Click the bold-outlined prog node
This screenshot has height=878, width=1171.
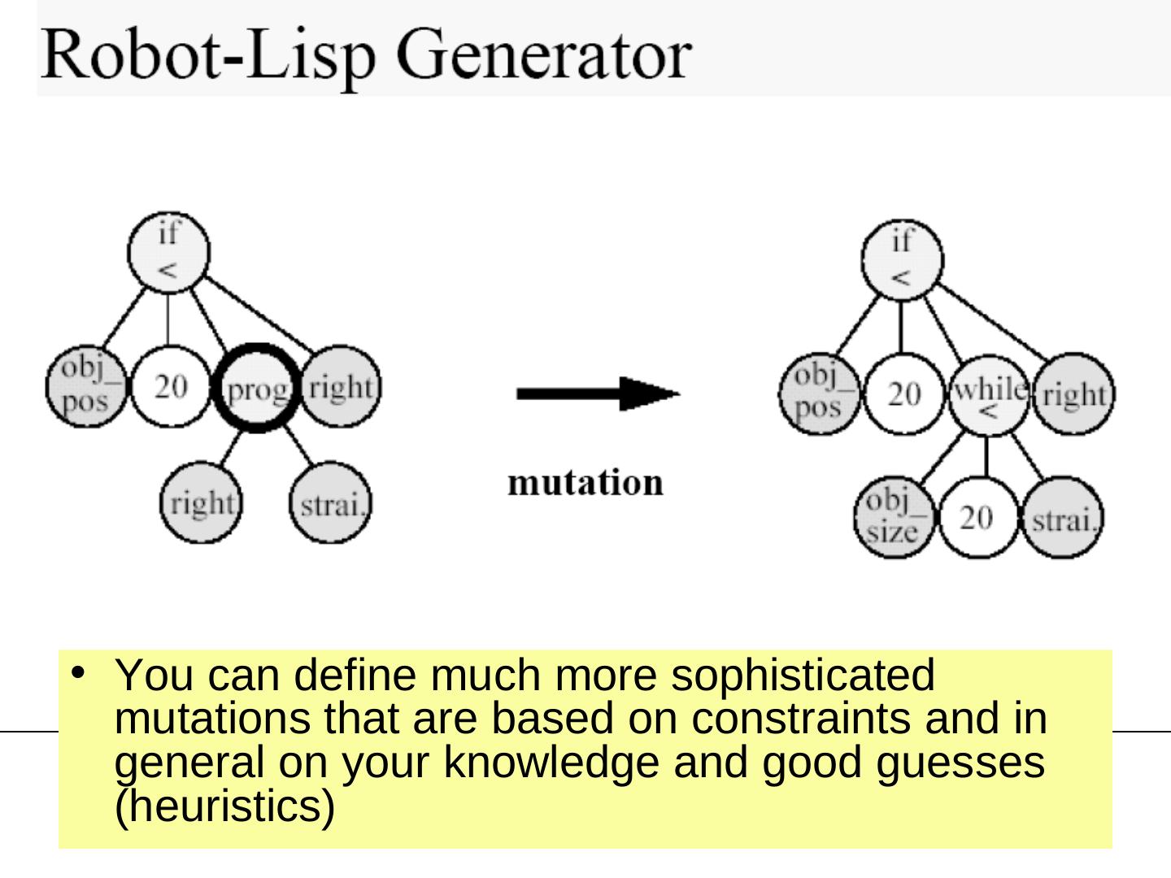257,388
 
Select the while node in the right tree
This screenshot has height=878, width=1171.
989,396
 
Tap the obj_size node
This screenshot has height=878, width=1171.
895,517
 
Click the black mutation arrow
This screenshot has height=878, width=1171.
598,394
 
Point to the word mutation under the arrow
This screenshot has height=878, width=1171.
585,482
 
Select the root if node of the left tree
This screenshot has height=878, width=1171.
168,253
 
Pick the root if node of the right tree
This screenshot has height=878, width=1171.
903,260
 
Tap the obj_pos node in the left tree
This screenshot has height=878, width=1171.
86,386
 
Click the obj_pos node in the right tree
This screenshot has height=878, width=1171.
820,394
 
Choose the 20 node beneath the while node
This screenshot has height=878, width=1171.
977,518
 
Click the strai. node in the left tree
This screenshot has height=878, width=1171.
331,502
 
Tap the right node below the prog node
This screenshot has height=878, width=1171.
201,502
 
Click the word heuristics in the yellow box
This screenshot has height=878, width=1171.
224,806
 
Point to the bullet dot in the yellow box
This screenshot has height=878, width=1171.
78,673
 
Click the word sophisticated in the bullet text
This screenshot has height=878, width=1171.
803,676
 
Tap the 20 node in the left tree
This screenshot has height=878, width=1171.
171,386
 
